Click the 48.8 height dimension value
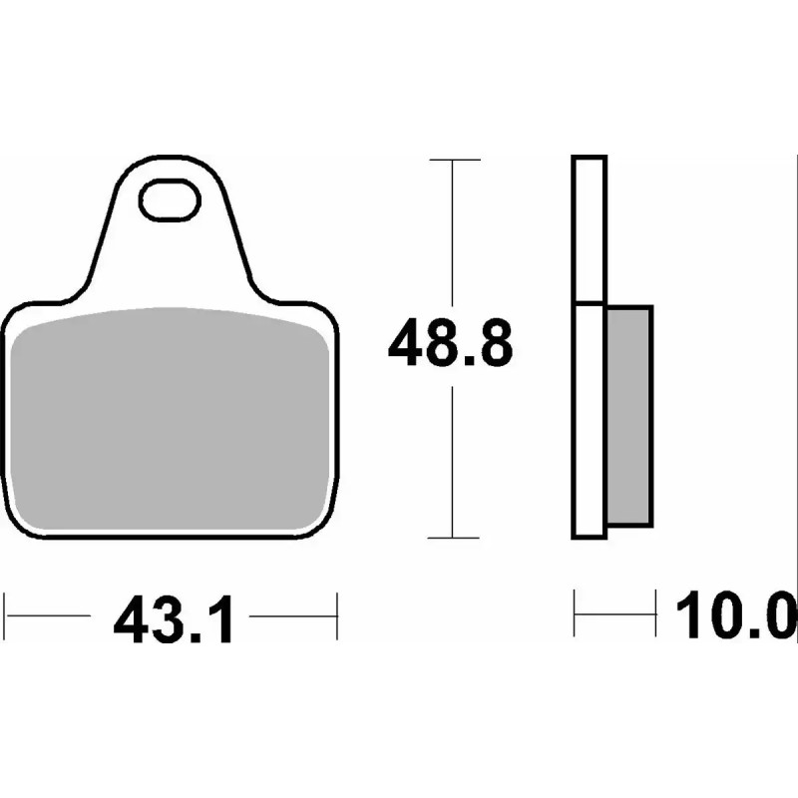tap(450, 343)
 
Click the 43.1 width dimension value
tap(174, 620)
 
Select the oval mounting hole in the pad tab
tap(169, 200)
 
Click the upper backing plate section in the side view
tap(589, 229)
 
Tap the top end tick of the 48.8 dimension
tap(453, 160)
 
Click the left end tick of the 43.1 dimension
tap(8, 615)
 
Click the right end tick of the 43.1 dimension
tap(337, 615)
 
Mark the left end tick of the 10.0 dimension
tap(576, 614)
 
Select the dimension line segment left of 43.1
tap(55, 615)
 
